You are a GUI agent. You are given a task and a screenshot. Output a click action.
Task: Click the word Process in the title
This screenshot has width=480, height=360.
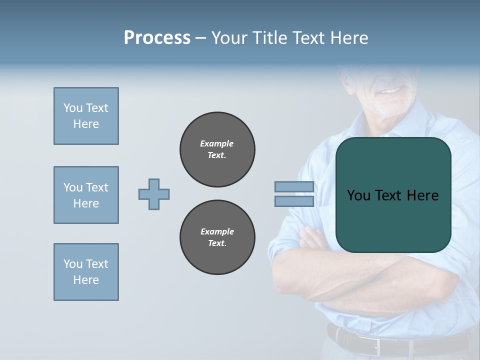pyautogui.click(x=157, y=38)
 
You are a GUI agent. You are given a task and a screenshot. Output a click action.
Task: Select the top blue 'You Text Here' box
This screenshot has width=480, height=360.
pyautogui.click(x=86, y=116)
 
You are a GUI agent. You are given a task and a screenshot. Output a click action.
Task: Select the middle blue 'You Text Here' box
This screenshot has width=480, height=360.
pyautogui.click(x=86, y=195)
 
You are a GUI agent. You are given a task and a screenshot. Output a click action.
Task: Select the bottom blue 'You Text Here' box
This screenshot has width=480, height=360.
pyautogui.click(x=86, y=272)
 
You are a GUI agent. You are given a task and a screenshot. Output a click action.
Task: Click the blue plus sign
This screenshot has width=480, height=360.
pyautogui.click(x=154, y=194)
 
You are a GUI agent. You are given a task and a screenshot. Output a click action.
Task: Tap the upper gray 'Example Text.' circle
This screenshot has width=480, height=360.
pyautogui.click(x=217, y=149)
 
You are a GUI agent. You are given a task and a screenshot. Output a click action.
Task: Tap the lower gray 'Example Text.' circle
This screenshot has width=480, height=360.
pyautogui.click(x=217, y=237)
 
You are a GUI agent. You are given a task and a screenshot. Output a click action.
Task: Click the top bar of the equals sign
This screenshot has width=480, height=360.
pyautogui.click(x=294, y=187)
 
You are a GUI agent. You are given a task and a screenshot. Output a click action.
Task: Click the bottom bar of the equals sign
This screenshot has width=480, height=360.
pyautogui.click(x=294, y=201)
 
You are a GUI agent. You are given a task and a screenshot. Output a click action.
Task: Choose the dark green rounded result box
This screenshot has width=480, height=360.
pyautogui.click(x=393, y=195)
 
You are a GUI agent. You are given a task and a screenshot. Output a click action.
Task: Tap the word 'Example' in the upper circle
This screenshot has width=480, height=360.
pyautogui.click(x=217, y=143)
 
